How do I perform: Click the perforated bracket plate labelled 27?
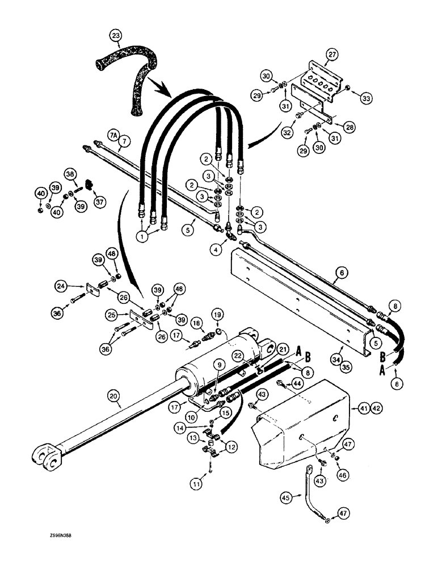click(321, 78)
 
